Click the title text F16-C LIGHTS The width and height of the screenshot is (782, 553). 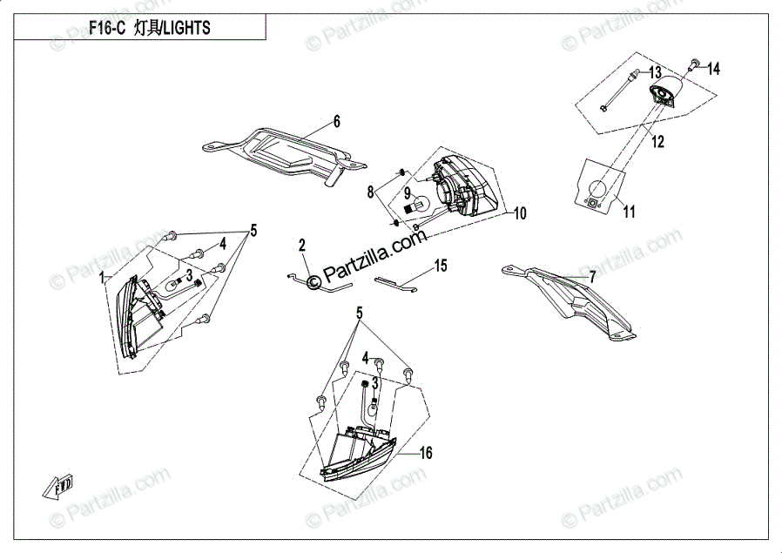click(149, 28)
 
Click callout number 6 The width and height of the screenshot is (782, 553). click(336, 121)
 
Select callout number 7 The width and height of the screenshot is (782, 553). click(592, 277)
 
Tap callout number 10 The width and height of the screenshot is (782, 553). click(520, 213)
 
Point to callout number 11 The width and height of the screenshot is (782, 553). click(629, 211)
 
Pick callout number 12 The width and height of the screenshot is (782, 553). click(657, 141)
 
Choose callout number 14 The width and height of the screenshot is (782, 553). click(713, 68)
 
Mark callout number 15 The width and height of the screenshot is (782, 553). click(441, 266)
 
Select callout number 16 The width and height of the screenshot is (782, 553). click(426, 453)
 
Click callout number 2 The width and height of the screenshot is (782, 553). click(301, 246)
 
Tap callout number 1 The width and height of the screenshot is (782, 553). click(103, 277)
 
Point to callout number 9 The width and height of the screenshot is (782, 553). click(406, 193)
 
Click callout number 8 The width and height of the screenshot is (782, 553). click(369, 192)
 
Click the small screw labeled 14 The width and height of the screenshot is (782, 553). click(694, 63)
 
